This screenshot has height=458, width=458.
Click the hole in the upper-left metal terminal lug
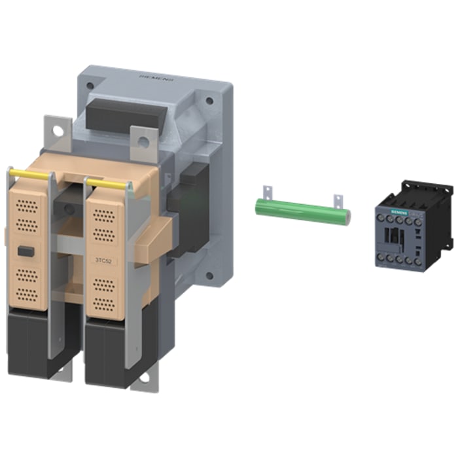click(58, 131)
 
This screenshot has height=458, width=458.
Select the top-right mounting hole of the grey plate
click(209, 102)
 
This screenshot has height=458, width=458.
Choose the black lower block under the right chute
click(108, 350)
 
